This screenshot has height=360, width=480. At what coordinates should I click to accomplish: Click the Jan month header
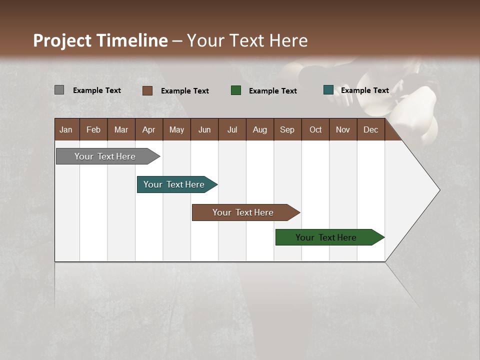point(66,129)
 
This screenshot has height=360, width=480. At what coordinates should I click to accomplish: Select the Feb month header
point(93,129)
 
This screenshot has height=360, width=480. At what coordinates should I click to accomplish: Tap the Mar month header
point(121,129)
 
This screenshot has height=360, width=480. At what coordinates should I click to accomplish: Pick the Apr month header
point(149,129)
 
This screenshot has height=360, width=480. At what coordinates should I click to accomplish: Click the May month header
point(176,129)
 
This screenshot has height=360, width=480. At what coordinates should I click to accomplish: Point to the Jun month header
point(204,129)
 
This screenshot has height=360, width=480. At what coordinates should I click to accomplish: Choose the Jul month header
point(232,129)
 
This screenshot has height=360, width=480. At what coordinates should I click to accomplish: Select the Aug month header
point(260,129)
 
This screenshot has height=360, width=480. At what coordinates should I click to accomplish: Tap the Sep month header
point(287,129)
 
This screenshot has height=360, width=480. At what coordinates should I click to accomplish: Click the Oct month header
point(315,129)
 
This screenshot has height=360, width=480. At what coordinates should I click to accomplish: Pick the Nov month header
point(343,129)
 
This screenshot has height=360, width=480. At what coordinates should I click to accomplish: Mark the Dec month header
point(371,129)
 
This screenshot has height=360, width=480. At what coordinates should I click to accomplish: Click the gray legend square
point(59,90)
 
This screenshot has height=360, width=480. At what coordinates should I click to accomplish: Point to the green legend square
point(236,90)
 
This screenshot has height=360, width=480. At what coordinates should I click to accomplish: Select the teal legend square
point(328,90)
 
